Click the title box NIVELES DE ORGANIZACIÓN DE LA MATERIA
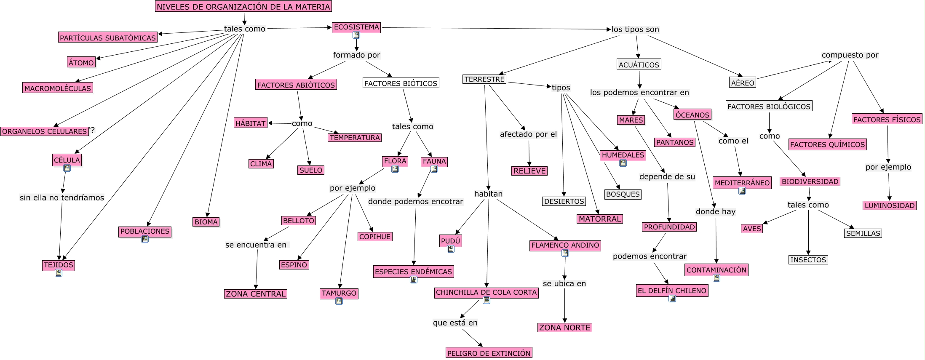pos(243,6)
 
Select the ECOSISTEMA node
pos(356,27)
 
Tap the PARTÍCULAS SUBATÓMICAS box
pos(108,37)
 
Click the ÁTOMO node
pos(81,62)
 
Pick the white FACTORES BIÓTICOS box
pos(401,83)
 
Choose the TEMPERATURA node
pos(355,138)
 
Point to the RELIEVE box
pos(529,171)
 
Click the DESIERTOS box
pos(564,201)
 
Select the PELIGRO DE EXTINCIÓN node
pos(489,353)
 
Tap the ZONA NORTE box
pos(564,328)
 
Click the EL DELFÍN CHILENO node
pos(672,291)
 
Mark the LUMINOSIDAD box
pos(890,205)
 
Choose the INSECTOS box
pos(808,260)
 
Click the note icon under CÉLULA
pos(67,168)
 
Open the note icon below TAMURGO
pos(339,301)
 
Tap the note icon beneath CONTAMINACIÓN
pos(716,278)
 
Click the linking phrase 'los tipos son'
pos(635,29)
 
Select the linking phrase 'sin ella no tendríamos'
pos(62,197)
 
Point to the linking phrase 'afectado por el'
pos(528,134)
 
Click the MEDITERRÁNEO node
pos(742,183)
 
